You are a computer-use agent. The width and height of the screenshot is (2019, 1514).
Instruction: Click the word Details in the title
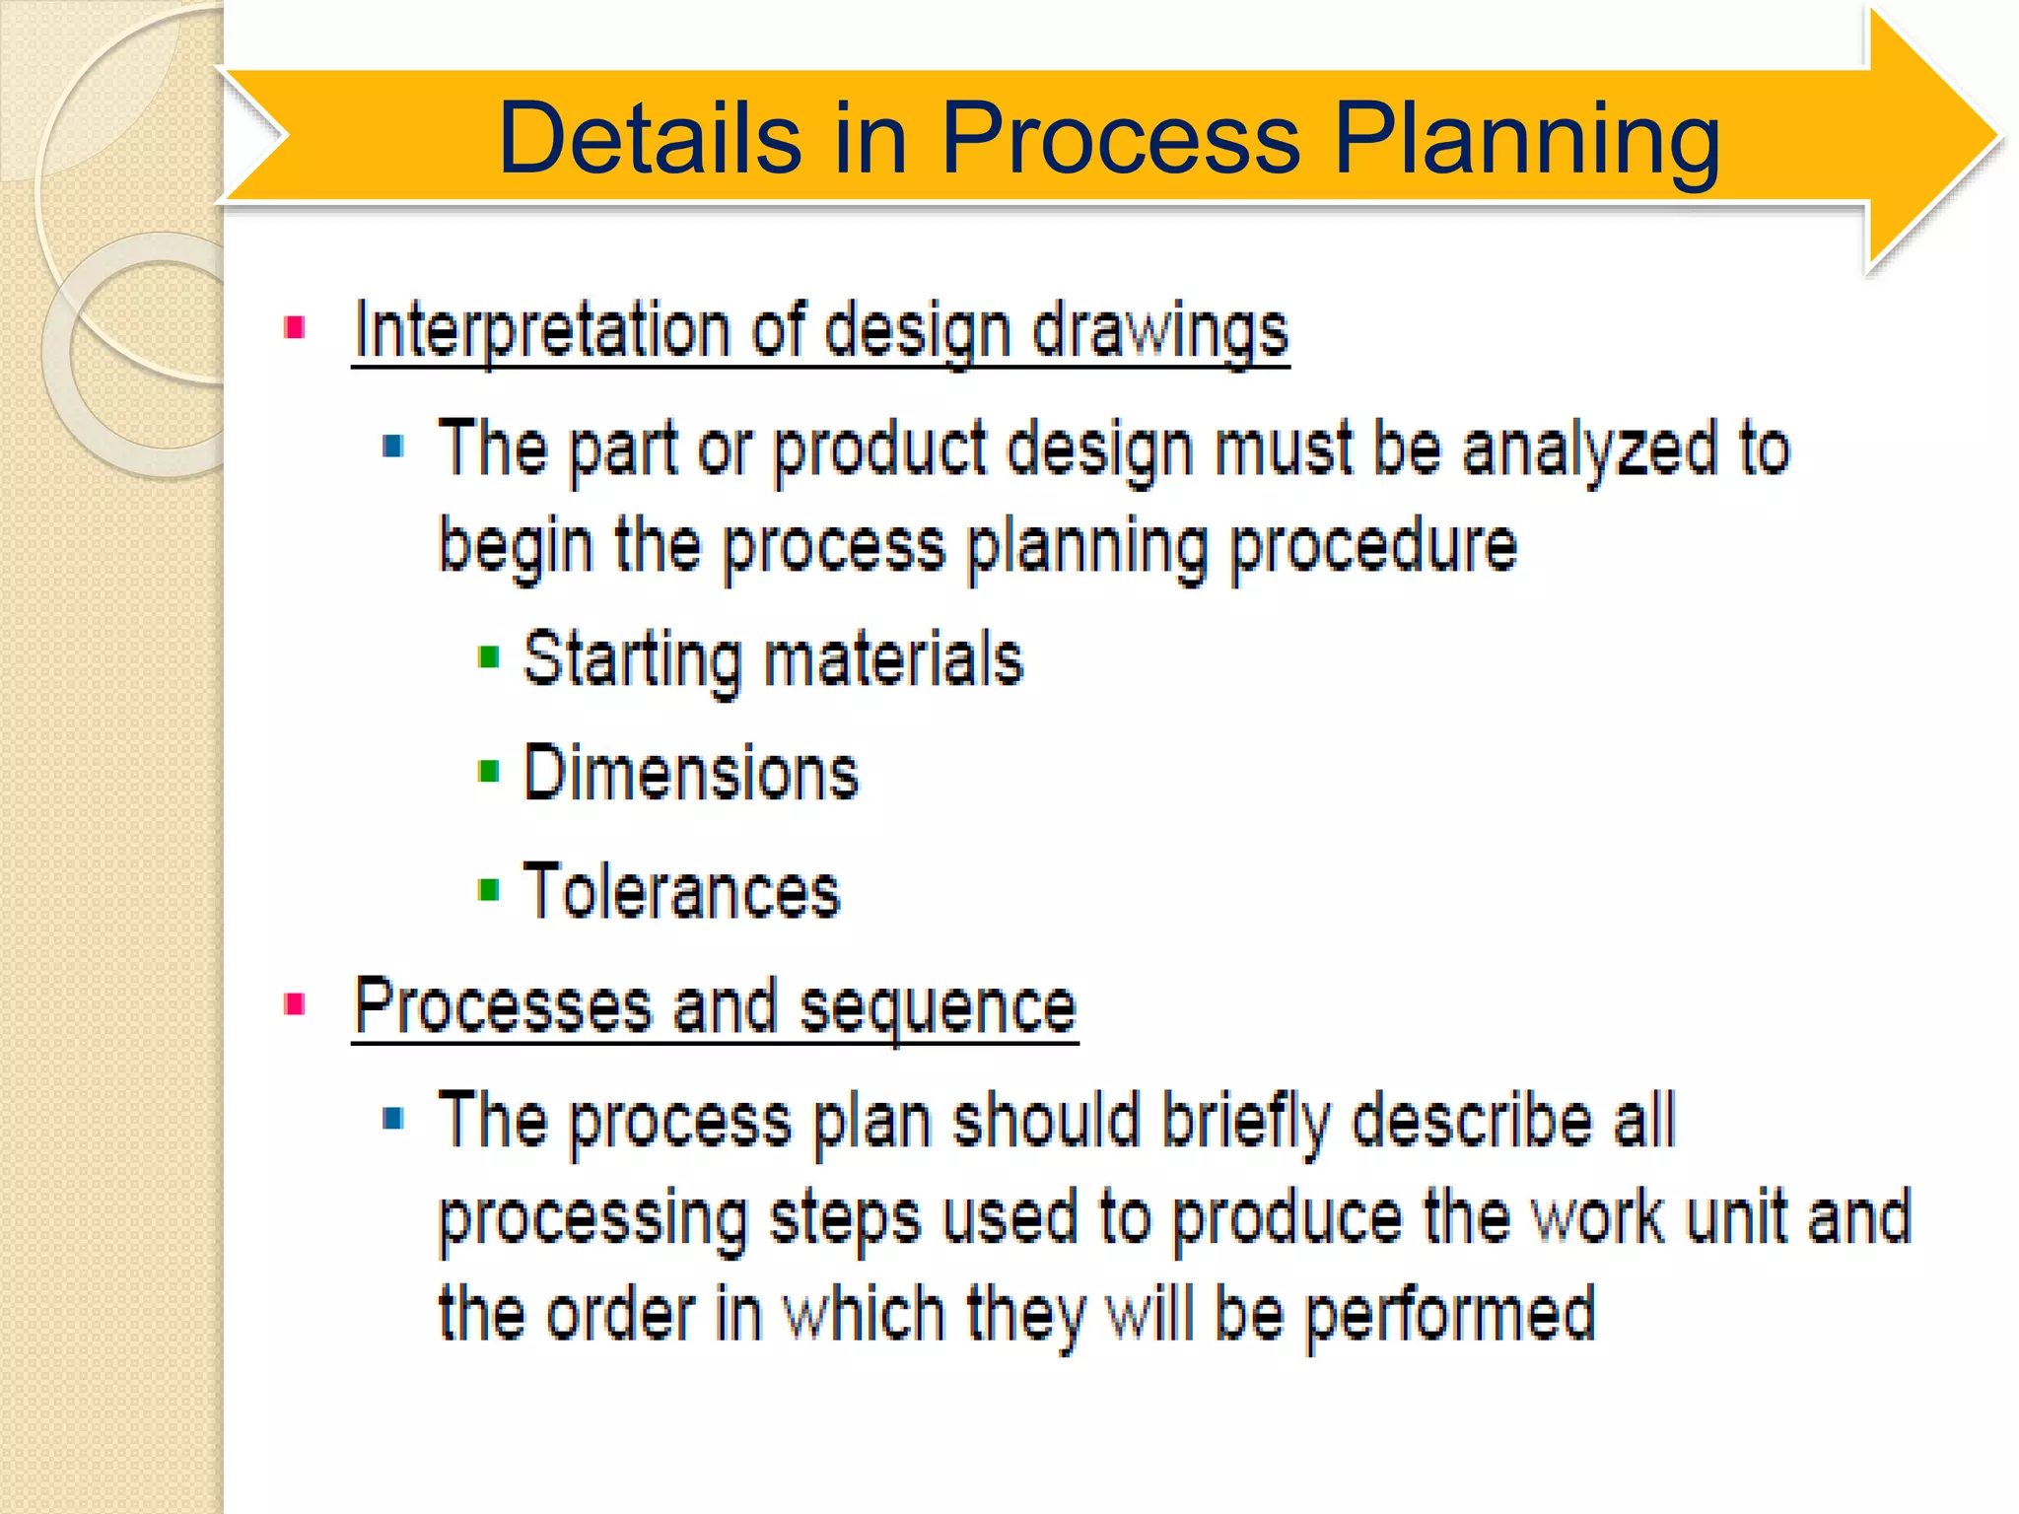coord(650,139)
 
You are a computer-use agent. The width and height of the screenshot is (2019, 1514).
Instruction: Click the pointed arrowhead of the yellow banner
coord(1932,138)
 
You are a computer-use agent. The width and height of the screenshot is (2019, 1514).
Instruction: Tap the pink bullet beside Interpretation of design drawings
coord(294,327)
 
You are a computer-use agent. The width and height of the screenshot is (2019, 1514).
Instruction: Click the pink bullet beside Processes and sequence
coord(294,1004)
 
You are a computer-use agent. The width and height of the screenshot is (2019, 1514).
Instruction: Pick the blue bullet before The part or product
coord(393,447)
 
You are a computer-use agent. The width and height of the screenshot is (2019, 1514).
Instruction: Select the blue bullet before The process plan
coord(393,1118)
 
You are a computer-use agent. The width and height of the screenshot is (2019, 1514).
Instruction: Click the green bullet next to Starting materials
coord(488,656)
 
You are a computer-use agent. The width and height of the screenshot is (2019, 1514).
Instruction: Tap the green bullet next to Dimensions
coord(488,771)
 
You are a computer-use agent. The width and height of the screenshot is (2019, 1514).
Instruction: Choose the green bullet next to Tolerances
coord(488,890)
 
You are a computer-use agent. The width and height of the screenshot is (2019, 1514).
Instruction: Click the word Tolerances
coord(681,890)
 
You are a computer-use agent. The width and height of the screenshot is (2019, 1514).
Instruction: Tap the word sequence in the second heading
coord(938,1007)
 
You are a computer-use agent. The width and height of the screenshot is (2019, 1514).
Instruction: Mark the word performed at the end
coord(1450,1314)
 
